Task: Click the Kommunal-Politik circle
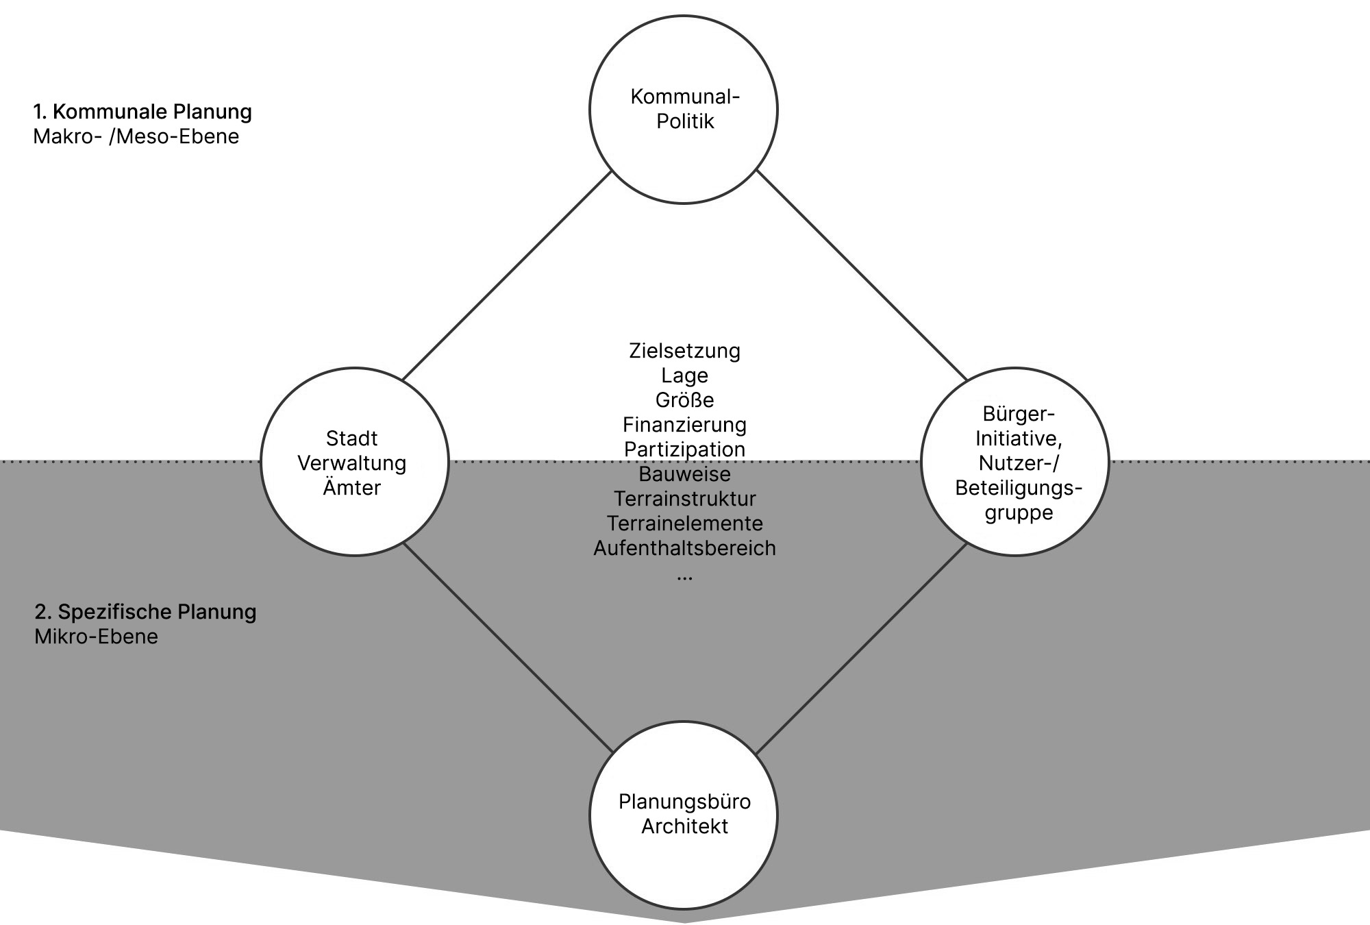point(684,110)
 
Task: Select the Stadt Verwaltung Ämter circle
point(354,463)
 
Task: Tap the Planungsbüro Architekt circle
point(684,815)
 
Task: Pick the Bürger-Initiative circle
point(1015,463)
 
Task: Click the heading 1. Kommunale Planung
point(142,112)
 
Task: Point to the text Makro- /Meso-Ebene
point(136,136)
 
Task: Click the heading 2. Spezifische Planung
point(145,612)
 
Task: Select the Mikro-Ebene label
point(96,637)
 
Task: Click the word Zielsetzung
point(684,351)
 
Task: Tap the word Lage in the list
point(684,375)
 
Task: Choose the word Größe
point(684,400)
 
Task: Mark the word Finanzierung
point(684,425)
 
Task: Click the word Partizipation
point(684,449)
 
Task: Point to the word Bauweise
point(684,474)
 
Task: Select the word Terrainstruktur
point(684,499)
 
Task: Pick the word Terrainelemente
point(684,523)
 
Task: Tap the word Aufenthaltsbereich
point(684,548)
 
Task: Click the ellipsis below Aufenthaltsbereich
point(684,578)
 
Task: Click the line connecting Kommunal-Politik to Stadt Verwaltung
point(507,275)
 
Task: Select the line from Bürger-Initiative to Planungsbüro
point(861,649)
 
